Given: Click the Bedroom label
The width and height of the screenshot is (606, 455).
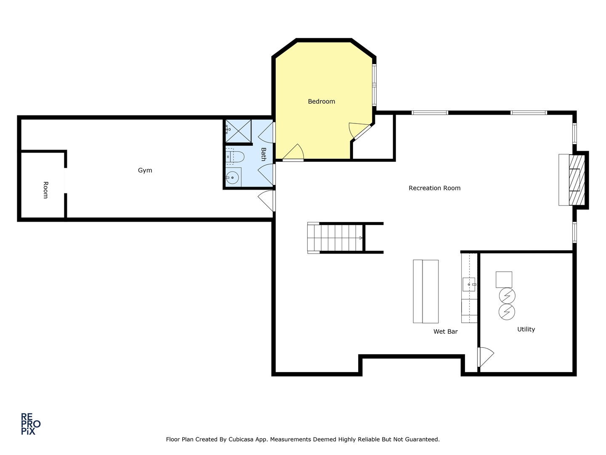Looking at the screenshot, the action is (322, 102).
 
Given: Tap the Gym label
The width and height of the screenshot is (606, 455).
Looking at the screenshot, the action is (145, 170).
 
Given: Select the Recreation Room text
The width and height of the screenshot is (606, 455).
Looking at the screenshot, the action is (435, 188).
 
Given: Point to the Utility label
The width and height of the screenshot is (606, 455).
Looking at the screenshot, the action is (526, 329).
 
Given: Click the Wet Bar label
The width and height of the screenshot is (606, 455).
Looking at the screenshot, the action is (446, 332).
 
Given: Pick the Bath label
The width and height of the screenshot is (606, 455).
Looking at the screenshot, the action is (264, 155).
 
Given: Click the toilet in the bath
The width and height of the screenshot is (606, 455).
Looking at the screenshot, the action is (235, 157).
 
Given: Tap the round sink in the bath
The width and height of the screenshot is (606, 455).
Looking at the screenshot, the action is (232, 177).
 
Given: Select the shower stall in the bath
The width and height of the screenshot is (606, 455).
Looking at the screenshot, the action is (238, 131).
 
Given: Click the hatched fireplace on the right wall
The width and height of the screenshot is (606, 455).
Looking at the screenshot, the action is (577, 180).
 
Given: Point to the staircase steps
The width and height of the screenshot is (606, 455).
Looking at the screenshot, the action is (335, 238).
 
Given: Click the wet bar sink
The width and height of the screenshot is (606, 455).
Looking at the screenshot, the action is (469, 284).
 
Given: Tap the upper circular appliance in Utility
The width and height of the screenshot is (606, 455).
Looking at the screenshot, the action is (507, 296).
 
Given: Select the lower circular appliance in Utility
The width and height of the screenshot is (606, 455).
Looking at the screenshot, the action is (507, 312).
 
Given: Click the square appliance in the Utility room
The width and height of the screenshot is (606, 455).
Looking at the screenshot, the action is (504, 280).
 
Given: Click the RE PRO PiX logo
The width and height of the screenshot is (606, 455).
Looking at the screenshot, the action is (31, 424).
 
